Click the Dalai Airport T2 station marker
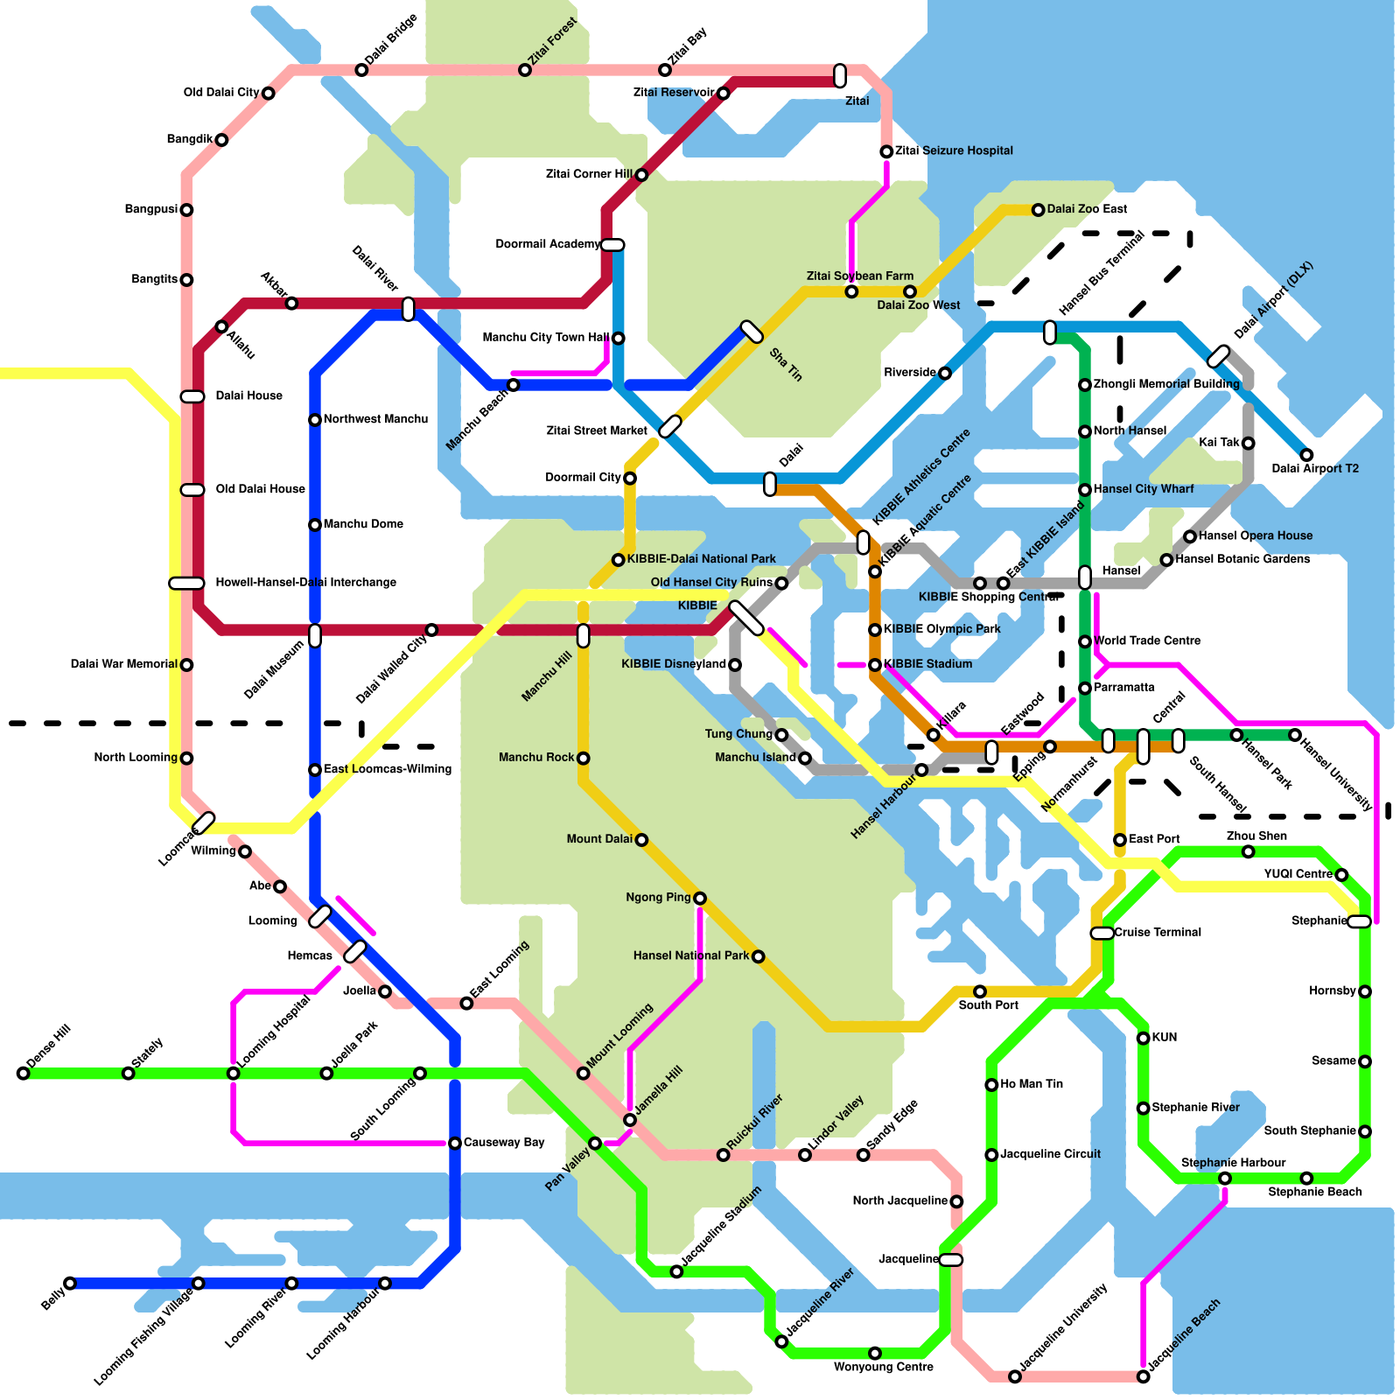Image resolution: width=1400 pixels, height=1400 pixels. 1306,455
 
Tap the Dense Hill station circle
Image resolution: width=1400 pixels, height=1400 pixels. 23,1073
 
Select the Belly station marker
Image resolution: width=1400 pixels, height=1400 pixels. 70,1283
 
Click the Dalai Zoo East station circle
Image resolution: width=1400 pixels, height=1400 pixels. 1038,210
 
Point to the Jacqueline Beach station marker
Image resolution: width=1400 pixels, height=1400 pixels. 1143,1376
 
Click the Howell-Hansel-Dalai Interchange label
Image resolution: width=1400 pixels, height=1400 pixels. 305,583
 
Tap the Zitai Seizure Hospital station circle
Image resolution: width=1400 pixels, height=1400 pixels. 886,151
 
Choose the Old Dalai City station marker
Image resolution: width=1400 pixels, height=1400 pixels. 268,94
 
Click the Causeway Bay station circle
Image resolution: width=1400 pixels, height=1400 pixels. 455,1143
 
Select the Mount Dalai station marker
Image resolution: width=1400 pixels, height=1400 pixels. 641,840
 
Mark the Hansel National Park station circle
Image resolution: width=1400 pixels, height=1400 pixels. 758,956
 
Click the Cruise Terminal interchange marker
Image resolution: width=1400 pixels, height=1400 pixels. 1102,934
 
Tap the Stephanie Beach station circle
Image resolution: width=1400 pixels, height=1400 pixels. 1306,1178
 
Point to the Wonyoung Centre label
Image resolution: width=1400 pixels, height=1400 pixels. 883,1367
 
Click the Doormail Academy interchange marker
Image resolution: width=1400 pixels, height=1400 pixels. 612,245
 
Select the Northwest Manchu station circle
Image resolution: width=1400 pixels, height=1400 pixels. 315,420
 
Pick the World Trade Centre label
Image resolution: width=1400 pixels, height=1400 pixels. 1146,641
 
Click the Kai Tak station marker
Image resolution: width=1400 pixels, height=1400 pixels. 1248,444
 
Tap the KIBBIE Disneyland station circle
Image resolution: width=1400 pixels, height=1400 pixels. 735,665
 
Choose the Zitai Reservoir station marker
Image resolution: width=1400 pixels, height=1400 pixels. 723,94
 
